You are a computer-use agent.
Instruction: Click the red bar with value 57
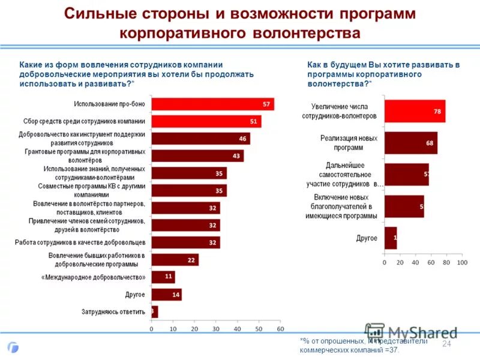pos(212,104)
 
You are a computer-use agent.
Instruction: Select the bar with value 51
pos(206,121)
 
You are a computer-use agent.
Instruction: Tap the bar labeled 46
pos(200,139)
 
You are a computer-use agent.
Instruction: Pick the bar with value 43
pos(197,156)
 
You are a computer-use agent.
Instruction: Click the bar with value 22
pos(175,260)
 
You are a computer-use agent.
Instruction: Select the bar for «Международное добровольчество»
pos(163,277)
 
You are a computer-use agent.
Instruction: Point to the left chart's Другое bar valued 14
pos(166,295)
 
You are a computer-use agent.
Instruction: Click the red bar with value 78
pos(415,111)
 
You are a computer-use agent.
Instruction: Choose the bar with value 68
pos(410,143)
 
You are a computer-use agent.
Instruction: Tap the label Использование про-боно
pos(110,104)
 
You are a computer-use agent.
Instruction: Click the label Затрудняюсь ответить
pos(113,312)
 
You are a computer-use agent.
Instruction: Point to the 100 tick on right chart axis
pos(461,263)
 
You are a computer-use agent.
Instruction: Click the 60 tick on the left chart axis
pos(280,329)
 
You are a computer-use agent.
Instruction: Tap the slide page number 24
pos(446,343)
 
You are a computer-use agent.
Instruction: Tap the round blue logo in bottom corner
pos(13,347)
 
